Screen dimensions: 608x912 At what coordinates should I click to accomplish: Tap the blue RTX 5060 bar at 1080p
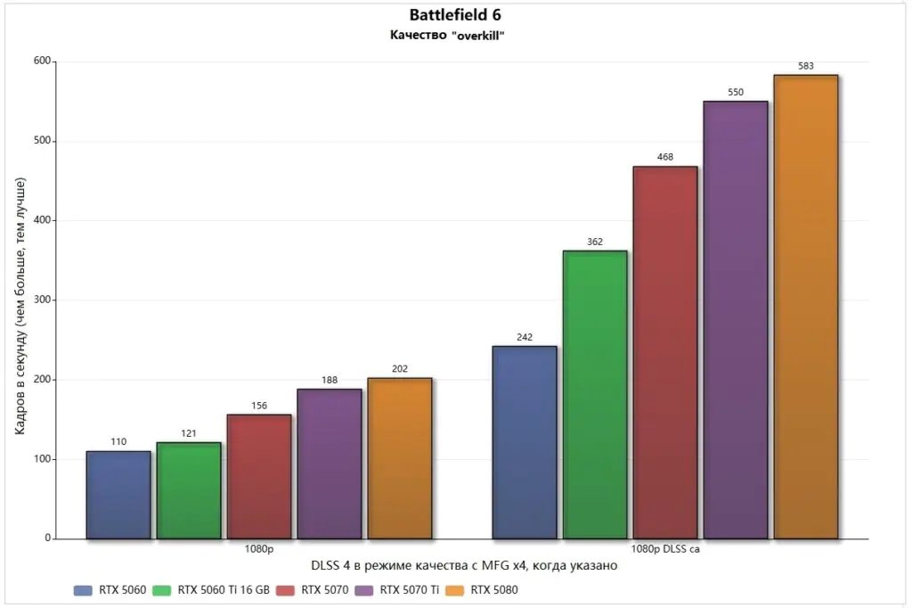(x=118, y=495)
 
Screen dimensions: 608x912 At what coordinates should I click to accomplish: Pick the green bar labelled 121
(x=189, y=490)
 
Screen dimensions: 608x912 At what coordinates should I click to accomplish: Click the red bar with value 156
(x=259, y=476)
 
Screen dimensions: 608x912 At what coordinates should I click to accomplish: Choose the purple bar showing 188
(x=330, y=464)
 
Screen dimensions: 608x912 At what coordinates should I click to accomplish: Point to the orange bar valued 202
(x=400, y=458)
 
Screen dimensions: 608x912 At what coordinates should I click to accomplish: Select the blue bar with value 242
(x=525, y=442)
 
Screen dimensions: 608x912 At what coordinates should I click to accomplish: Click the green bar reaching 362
(x=595, y=394)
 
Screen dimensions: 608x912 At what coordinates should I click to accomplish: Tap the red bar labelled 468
(x=665, y=352)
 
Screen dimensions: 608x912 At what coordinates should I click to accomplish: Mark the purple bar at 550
(x=736, y=319)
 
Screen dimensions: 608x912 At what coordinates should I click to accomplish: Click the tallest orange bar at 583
(x=806, y=307)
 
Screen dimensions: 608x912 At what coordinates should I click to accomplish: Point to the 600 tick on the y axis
(x=41, y=62)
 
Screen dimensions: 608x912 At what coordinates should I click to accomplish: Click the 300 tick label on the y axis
(x=41, y=300)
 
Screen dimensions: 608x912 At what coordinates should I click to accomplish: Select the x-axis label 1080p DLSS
(x=665, y=549)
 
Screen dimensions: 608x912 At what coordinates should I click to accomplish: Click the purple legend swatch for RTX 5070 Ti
(x=363, y=589)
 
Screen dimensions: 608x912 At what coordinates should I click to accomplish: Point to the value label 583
(x=806, y=66)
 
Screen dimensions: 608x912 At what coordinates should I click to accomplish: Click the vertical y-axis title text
(x=20, y=306)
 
